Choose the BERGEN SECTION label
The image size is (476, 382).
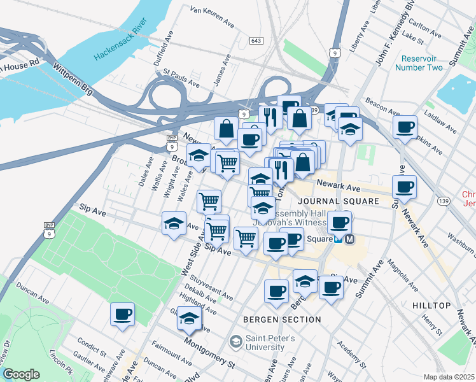(282, 319)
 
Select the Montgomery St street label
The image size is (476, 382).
(209, 351)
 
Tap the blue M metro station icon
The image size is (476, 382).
(349, 239)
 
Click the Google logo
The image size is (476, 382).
(21, 374)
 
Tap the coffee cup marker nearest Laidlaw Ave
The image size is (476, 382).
(404, 127)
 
